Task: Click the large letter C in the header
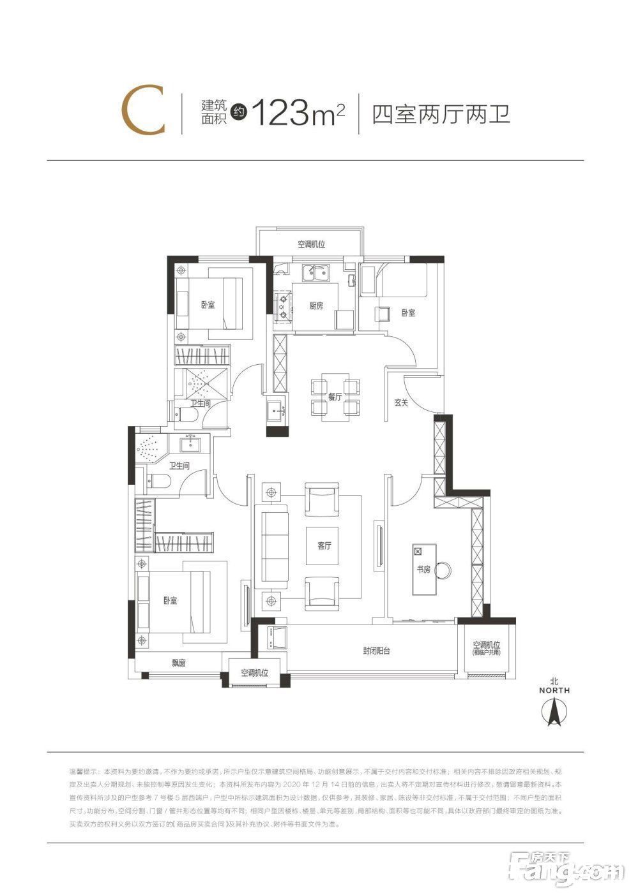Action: [144, 113]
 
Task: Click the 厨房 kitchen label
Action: [316, 306]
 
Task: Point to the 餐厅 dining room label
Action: [335, 396]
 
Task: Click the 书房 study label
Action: [423, 569]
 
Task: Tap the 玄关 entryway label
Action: [401, 402]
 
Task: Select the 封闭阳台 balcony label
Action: [376, 651]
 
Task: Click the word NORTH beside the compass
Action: [554, 690]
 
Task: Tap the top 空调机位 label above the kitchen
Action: [311, 244]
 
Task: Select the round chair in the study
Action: [443, 568]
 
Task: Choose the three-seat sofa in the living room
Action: [272, 547]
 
